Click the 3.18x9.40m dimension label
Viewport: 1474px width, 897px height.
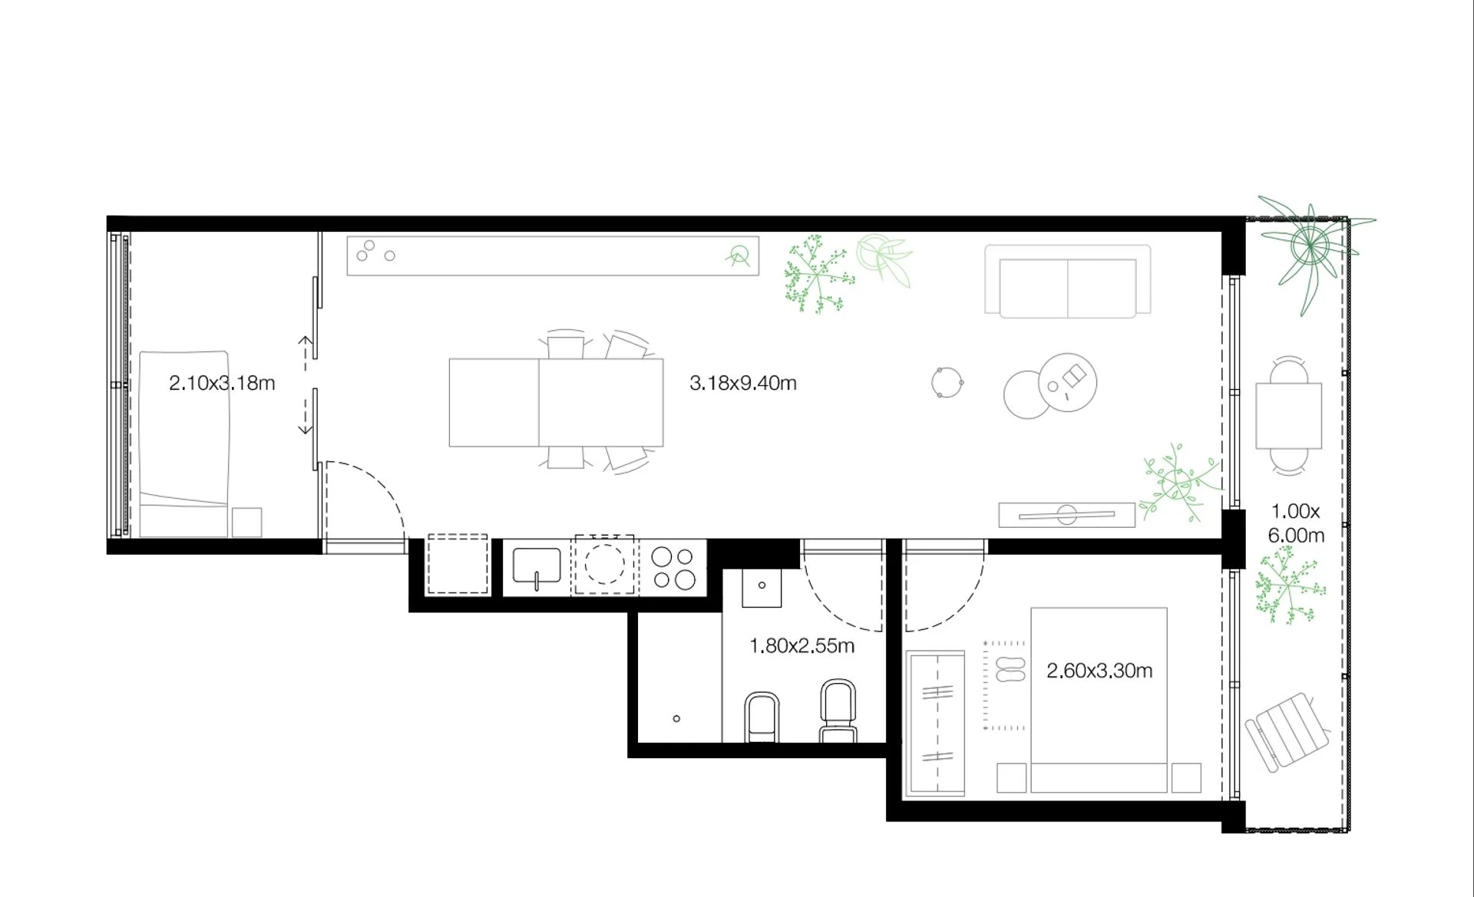click(x=742, y=383)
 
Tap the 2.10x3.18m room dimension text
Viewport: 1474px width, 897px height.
click(x=222, y=383)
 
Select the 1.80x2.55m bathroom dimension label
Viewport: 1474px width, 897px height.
click(x=801, y=646)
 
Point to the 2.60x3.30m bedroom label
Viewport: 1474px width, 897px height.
click(x=1099, y=671)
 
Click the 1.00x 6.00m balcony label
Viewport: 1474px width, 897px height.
click(x=1296, y=523)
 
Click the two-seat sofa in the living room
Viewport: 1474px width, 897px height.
click(x=1068, y=282)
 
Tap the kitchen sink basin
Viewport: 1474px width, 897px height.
click(x=537, y=569)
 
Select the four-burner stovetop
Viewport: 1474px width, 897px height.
click(x=673, y=568)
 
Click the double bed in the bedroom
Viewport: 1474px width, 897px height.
click(x=1099, y=700)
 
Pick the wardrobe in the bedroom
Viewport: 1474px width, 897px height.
click(x=935, y=724)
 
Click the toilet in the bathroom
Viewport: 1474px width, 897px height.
click(x=838, y=711)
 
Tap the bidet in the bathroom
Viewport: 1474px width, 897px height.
click(x=762, y=717)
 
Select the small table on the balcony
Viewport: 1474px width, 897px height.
click(x=1289, y=415)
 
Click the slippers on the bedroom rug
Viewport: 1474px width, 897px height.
click(x=1010, y=669)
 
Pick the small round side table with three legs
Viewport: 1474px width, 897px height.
click(x=947, y=382)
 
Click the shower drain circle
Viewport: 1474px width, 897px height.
click(x=676, y=719)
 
